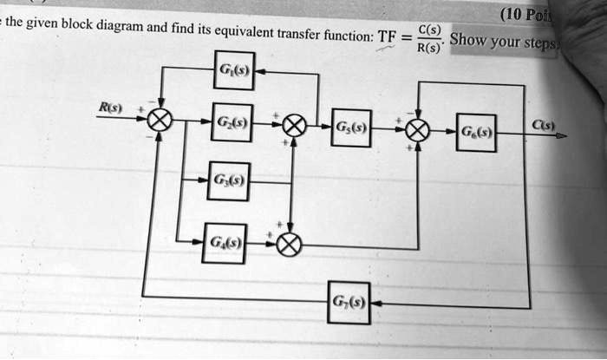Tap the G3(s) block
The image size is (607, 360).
pos(229,181)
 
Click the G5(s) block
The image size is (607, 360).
pos(351,128)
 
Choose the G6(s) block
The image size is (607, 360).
pos(478,133)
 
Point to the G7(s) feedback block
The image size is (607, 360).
pos(349,302)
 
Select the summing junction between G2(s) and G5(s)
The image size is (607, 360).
pos(294,127)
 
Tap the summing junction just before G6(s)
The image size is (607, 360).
pos(417,130)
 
